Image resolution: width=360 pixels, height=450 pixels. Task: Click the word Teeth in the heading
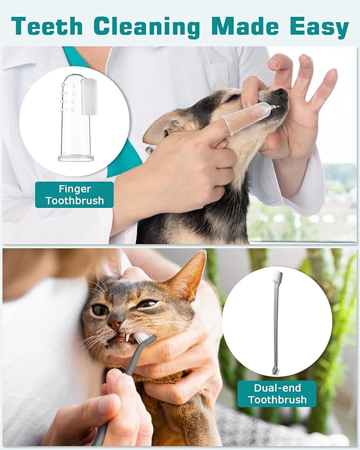pos(47,26)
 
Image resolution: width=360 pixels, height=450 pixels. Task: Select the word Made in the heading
pos(247,26)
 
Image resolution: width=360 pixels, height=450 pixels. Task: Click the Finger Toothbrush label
pos(74,195)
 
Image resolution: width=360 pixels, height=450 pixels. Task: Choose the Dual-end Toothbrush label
pos(277,394)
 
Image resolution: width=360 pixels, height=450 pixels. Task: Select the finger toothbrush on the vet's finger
pos(247,118)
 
